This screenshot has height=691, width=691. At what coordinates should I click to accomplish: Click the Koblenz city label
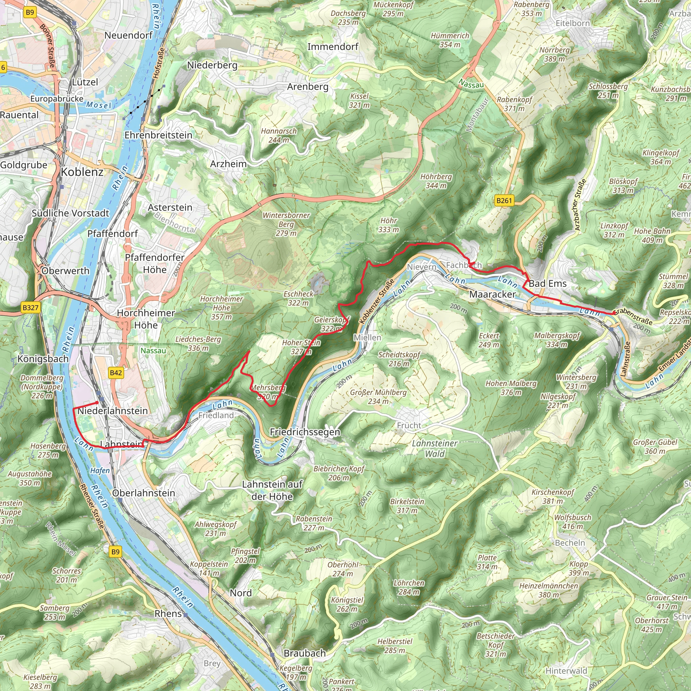(x=82, y=172)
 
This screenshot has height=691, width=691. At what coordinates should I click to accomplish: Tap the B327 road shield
(x=30, y=308)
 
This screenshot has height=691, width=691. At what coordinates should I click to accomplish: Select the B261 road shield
(x=504, y=200)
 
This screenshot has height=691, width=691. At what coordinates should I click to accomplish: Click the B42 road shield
(x=116, y=373)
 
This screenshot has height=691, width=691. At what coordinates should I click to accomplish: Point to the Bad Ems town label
(x=548, y=284)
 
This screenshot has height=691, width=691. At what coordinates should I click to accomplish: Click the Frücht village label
(x=409, y=425)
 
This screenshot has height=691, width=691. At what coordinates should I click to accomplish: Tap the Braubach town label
(x=304, y=653)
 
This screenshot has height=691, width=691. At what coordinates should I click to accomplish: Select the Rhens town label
(x=168, y=613)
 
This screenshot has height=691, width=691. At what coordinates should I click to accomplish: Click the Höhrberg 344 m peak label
(x=436, y=181)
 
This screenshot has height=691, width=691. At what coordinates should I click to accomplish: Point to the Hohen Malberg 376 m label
(x=511, y=388)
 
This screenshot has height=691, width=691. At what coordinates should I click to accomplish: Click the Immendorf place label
(x=333, y=47)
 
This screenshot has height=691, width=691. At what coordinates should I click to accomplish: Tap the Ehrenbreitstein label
(x=158, y=135)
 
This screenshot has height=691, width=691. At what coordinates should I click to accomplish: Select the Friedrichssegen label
(x=305, y=432)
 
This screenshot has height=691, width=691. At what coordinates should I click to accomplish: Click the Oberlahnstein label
(x=143, y=493)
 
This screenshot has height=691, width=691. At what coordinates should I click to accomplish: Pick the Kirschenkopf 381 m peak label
(x=553, y=496)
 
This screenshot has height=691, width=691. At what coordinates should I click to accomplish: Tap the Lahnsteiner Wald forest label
(x=435, y=448)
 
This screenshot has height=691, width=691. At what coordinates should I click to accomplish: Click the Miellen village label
(x=367, y=337)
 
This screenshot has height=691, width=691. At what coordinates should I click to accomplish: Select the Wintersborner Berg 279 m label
(x=286, y=224)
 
